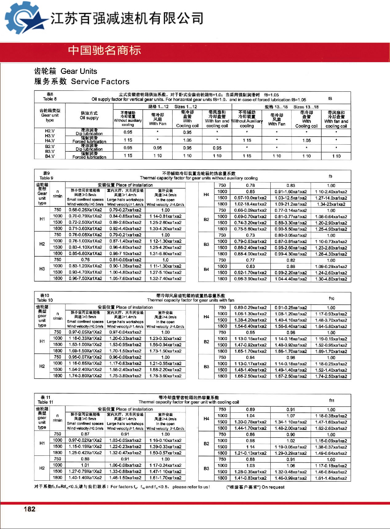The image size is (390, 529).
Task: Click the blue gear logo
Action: (x=23, y=18)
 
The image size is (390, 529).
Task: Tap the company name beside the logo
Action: (x=126, y=18)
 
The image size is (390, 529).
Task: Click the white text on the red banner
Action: (x=105, y=50)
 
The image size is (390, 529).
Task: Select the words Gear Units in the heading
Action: (x=79, y=71)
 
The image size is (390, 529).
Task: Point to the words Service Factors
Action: (x=100, y=82)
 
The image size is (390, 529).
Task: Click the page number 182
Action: (x=30, y=509)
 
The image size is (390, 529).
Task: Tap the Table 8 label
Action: (x=50, y=99)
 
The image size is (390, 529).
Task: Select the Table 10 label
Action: (x=45, y=300)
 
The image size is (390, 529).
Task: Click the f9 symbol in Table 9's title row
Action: (x=330, y=176)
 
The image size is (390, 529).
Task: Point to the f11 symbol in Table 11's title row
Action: (x=332, y=400)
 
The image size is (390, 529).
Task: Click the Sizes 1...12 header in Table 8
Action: (x=185, y=107)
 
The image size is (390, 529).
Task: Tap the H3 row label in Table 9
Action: (x=42, y=269)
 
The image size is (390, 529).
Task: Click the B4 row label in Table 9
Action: (x=206, y=269)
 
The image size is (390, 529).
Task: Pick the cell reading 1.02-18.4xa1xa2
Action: (x=250, y=204)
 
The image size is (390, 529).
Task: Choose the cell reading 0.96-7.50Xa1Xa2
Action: (x=85, y=279)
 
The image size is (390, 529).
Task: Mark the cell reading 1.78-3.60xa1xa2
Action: (x=165, y=376)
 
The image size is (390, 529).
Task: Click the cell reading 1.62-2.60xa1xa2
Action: (x=331, y=428)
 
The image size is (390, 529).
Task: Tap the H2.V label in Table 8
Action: (x=50, y=131)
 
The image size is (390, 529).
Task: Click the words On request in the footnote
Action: (x=273, y=487)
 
